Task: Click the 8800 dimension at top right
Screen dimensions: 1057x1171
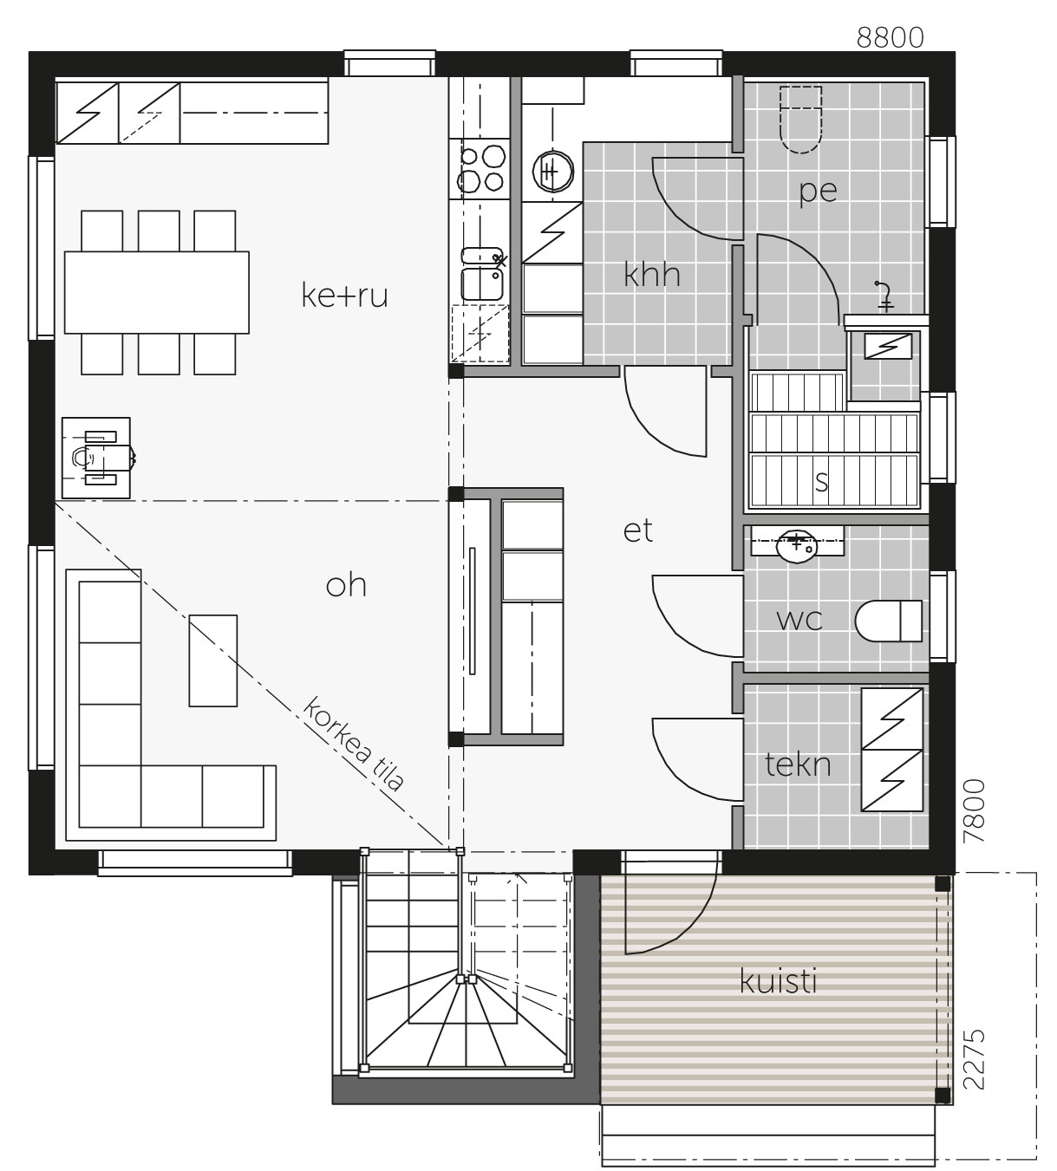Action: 890,38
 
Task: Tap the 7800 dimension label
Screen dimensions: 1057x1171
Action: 974,810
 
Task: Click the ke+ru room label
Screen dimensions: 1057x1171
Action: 344,296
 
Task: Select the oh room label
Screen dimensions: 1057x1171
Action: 346,586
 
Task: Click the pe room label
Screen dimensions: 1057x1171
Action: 819,192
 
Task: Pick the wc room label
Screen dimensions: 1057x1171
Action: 799,620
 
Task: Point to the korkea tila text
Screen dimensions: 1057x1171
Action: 353,744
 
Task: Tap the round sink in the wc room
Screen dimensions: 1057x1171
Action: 796,546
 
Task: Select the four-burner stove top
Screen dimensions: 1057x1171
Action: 480,169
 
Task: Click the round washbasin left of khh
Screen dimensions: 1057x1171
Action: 552,172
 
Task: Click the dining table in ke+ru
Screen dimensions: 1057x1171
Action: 156,292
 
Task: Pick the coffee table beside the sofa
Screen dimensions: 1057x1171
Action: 213,660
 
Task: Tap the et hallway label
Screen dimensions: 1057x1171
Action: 637,531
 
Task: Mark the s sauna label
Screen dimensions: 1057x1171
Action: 822,482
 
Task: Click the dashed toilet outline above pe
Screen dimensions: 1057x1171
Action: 801,120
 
